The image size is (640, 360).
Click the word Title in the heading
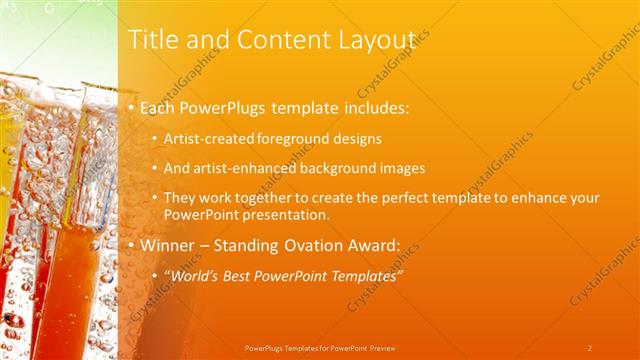click(153, 40)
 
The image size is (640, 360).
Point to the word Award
click(375, 245)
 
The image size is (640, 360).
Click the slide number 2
click(589, 347)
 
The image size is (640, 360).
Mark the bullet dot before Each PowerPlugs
click(132, 108)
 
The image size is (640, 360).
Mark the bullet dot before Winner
click(132, 246)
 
